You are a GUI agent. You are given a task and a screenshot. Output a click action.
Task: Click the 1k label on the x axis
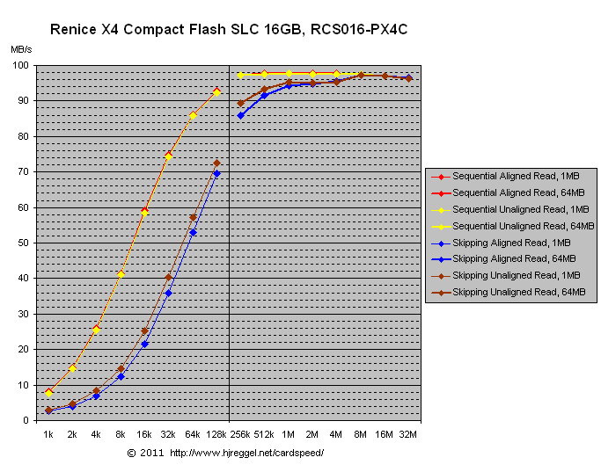(x=49, y=434)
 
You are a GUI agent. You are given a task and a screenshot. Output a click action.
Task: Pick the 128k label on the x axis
(x=216, y=434)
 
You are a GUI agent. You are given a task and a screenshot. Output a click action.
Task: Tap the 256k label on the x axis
(x=241, y=434)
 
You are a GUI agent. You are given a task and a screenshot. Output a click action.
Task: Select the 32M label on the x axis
(x=408, y=434)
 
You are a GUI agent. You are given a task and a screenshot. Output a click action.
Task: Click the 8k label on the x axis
(x=121, y=434)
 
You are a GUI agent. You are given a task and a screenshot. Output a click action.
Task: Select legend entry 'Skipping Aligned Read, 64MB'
(x=514, y=258)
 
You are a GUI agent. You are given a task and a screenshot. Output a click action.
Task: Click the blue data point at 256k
(x=240, y=115)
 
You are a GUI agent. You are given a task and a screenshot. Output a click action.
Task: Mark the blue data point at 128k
(x=216, y=173)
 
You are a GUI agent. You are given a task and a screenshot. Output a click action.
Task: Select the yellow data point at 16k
(x=144, y=213)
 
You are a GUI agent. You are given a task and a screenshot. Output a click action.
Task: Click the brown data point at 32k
(x=168, y=277)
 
